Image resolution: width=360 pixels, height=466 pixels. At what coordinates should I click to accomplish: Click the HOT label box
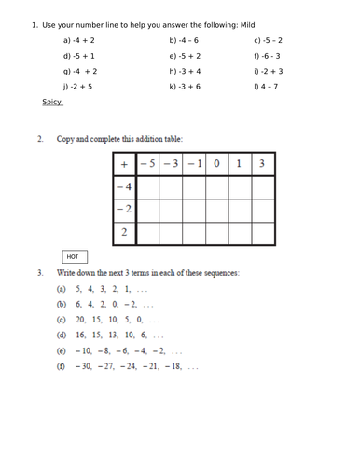[x=73, y=256]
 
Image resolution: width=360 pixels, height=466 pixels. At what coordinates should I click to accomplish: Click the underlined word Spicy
[x=51, y=102]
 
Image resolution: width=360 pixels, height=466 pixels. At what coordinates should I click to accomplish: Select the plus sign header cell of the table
[x=124, y=164]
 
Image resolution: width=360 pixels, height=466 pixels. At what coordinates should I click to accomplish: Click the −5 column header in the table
[x=147, y=164]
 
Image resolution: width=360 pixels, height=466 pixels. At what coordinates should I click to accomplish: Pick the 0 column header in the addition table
[x=216, y=164]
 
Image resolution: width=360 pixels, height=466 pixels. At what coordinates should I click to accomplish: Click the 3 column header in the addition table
[x=262, y=164]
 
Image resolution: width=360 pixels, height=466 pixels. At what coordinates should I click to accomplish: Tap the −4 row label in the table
[x=124, y=187]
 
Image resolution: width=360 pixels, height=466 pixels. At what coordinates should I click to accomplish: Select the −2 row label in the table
[x=124, y=210]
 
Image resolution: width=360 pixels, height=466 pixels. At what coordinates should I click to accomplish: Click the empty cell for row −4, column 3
[x=262, y=187]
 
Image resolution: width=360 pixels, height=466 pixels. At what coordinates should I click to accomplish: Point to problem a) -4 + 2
[x=79, y=41]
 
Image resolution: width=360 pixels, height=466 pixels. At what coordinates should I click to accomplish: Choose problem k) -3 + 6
[x=185, y=86]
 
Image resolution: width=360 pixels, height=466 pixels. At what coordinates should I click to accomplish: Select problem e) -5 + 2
[x=185, y=56]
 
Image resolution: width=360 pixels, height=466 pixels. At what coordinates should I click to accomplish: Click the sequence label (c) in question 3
[x=62, y=319]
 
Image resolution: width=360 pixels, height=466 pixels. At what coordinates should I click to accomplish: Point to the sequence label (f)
[x=62, y=366]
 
